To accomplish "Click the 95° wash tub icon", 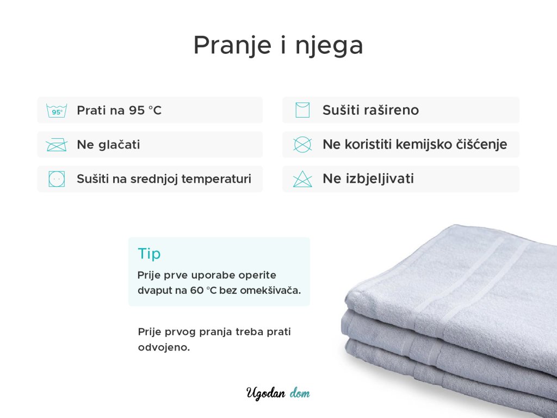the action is pyautogui.click(x=57, y=110).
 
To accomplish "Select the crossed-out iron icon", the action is pyautogui.click(x=57, y=145).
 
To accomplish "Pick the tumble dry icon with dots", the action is pyautogui.click(x=57, y=179).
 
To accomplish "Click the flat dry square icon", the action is pyautogui.click(x=302, y=110).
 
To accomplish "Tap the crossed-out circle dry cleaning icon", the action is pyautogui.click(x=302, y=145).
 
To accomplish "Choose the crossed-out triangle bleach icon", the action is pyautogui.click(x=302, y=179).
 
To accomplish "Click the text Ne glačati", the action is pyautogui.click(x=108, y=145).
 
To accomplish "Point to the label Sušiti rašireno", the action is pyautogui.click(x=370, y=110).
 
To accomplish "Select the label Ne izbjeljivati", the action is pyautogui.click(x=368, y=179).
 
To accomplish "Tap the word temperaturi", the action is pyautogui.click(x=216, y=179).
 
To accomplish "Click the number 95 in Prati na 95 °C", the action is pyautogui.click(x=137, y=110).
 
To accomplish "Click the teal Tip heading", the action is pyautogui.click(x=149, y=254).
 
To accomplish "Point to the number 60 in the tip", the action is pyautogui.click(x=197, y=291).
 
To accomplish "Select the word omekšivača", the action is pyautogui.click(x=270, y=291).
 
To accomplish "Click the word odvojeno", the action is pyautogui.click(x=164, y=347).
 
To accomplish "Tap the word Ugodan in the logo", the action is pyautogui.click(x=266, y=394).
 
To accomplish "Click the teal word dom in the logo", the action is pyautogui.click(x=300, y=394).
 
